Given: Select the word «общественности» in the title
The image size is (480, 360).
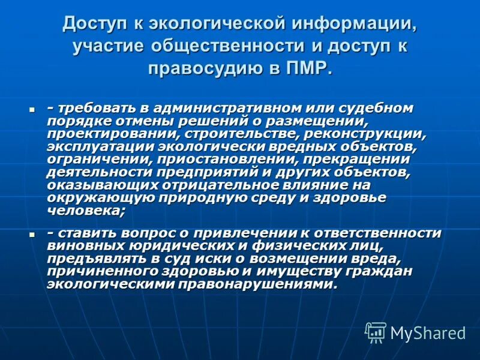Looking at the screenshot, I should pos(229,46).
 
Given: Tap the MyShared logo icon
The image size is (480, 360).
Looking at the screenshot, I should pos(376,332).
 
